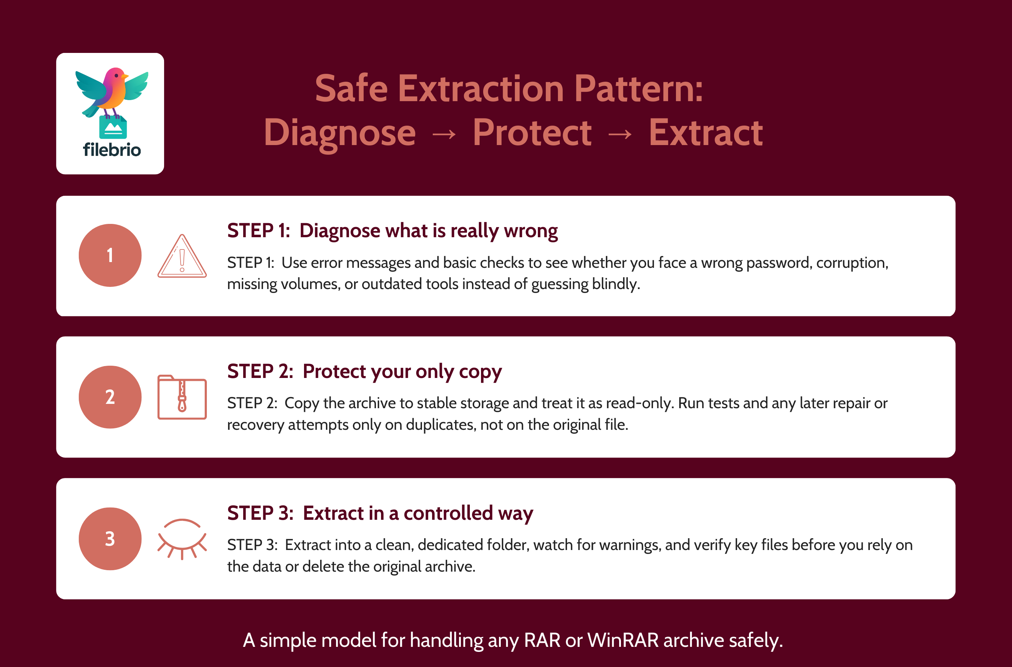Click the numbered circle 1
pos(110,255)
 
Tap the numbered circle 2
pos(110,397)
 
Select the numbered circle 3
pos(110,538)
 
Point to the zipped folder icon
pos(182,397)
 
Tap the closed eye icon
pos(182,538)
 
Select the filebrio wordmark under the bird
pos(112,150)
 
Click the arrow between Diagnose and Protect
pos(444,134)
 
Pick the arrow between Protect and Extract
pos(620,134)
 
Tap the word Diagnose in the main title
pos(340,134)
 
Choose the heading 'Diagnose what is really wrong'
pos(428,231)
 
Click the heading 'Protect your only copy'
pos(402,372)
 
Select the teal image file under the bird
pos(113,127)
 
